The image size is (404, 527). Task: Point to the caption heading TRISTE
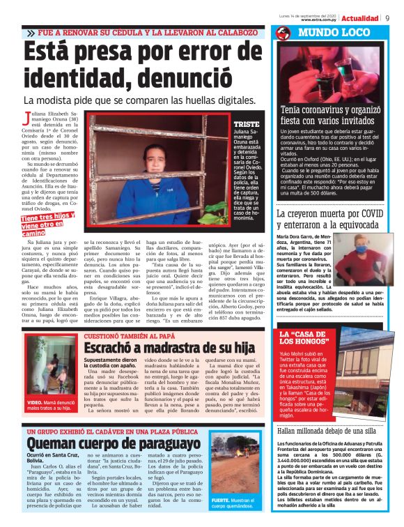pos(246,123)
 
